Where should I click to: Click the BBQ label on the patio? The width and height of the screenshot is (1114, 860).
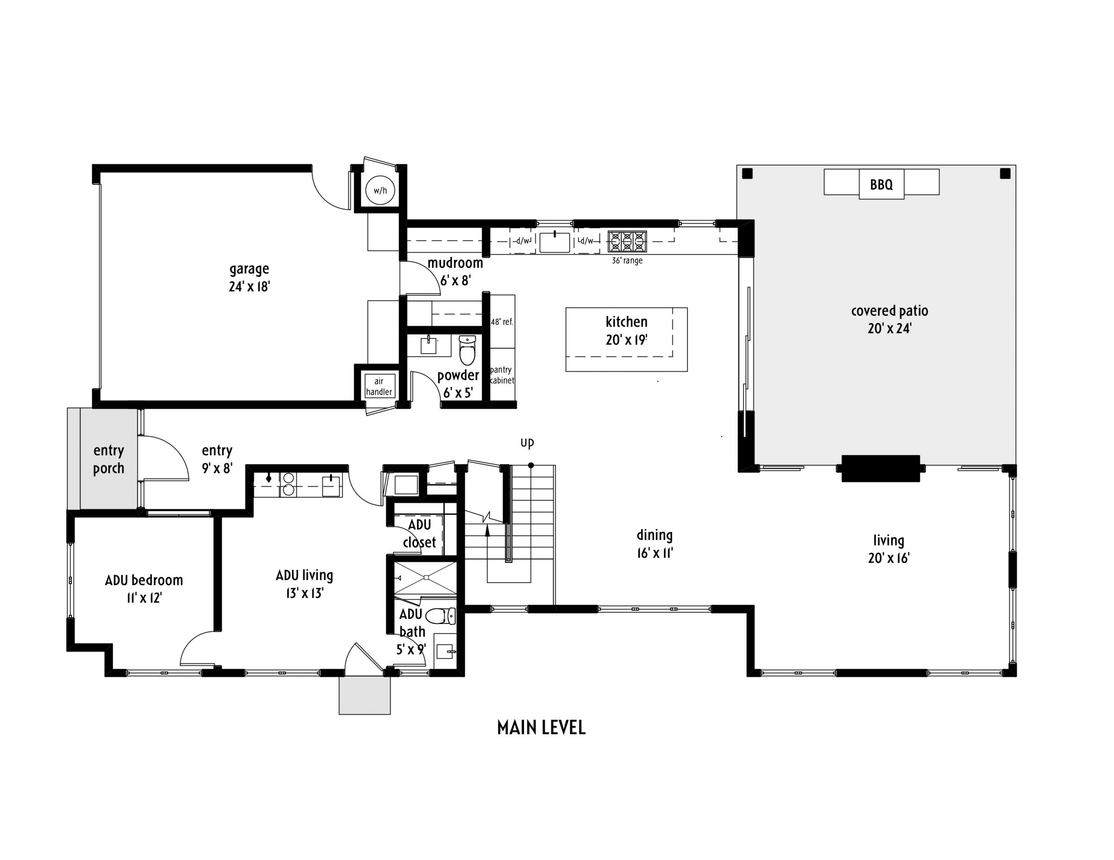[x=881, y=184]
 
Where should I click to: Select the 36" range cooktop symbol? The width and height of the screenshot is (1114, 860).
[x=627, y=242]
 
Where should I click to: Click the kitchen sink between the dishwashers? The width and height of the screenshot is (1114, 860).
[x=554, y=242]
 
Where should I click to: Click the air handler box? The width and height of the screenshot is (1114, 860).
[x=379, y=387]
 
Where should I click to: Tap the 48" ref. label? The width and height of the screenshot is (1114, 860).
[x=501, y=322]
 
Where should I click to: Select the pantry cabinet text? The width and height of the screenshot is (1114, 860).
[x=501, y=375]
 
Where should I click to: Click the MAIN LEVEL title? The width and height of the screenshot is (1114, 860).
[x=541, y=728]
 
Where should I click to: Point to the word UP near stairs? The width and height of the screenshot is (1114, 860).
[x=527, y=443]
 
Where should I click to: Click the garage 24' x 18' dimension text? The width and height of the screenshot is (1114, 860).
[x=249, y=287]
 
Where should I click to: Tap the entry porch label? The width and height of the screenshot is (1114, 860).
[x=109, y=459]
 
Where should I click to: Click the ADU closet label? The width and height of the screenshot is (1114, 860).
[x=419, y=533]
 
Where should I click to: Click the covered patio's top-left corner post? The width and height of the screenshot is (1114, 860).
[x=747, y=174]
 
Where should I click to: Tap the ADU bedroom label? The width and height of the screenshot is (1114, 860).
[x=144, y=580]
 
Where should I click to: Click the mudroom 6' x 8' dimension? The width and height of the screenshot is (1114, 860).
[x=455, y=280]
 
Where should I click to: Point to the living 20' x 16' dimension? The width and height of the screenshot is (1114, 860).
[x=889, y=558]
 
